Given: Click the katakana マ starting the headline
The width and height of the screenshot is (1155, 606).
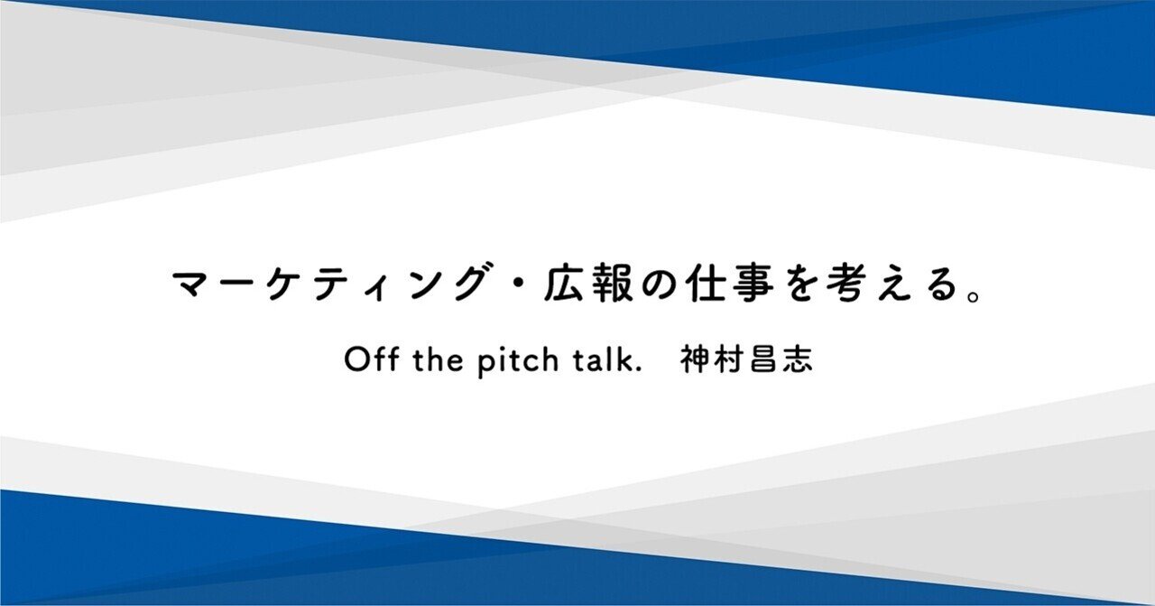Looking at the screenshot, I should [191, 285].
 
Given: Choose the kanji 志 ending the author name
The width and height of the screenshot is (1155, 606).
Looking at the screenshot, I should [797, 359].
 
